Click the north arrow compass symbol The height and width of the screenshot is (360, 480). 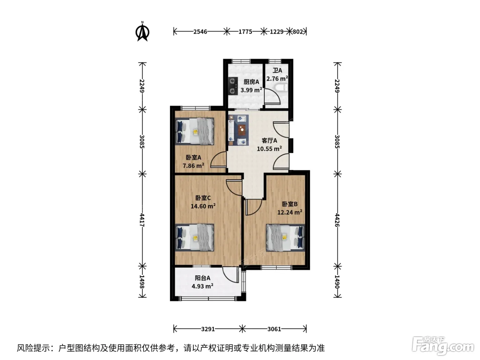coord(142,32)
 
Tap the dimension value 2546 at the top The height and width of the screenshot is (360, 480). coord(200,32)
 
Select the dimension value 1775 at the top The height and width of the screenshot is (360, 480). coord(245,32)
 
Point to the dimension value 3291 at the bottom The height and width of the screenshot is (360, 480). coord(208,329)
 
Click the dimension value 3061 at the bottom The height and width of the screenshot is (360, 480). coord(274,329)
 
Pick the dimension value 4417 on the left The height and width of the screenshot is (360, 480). coord(142,220)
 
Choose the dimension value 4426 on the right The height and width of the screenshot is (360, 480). coord(337,220)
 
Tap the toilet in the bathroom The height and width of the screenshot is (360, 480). coord(281,88)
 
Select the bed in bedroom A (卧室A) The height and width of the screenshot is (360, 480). coord(194,131)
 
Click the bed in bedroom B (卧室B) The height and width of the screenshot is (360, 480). coord(285,238)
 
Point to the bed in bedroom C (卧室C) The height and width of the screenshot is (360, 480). coord(194,237)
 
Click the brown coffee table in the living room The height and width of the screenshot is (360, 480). coord(242,130)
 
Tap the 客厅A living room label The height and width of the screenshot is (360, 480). coord(269,141)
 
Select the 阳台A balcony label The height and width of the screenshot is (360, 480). coord(203,278)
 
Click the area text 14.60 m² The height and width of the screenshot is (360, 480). coord(203,206)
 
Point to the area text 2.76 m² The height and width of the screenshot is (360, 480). coord(277,79)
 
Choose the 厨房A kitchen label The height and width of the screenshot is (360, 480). coord(251,82)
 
